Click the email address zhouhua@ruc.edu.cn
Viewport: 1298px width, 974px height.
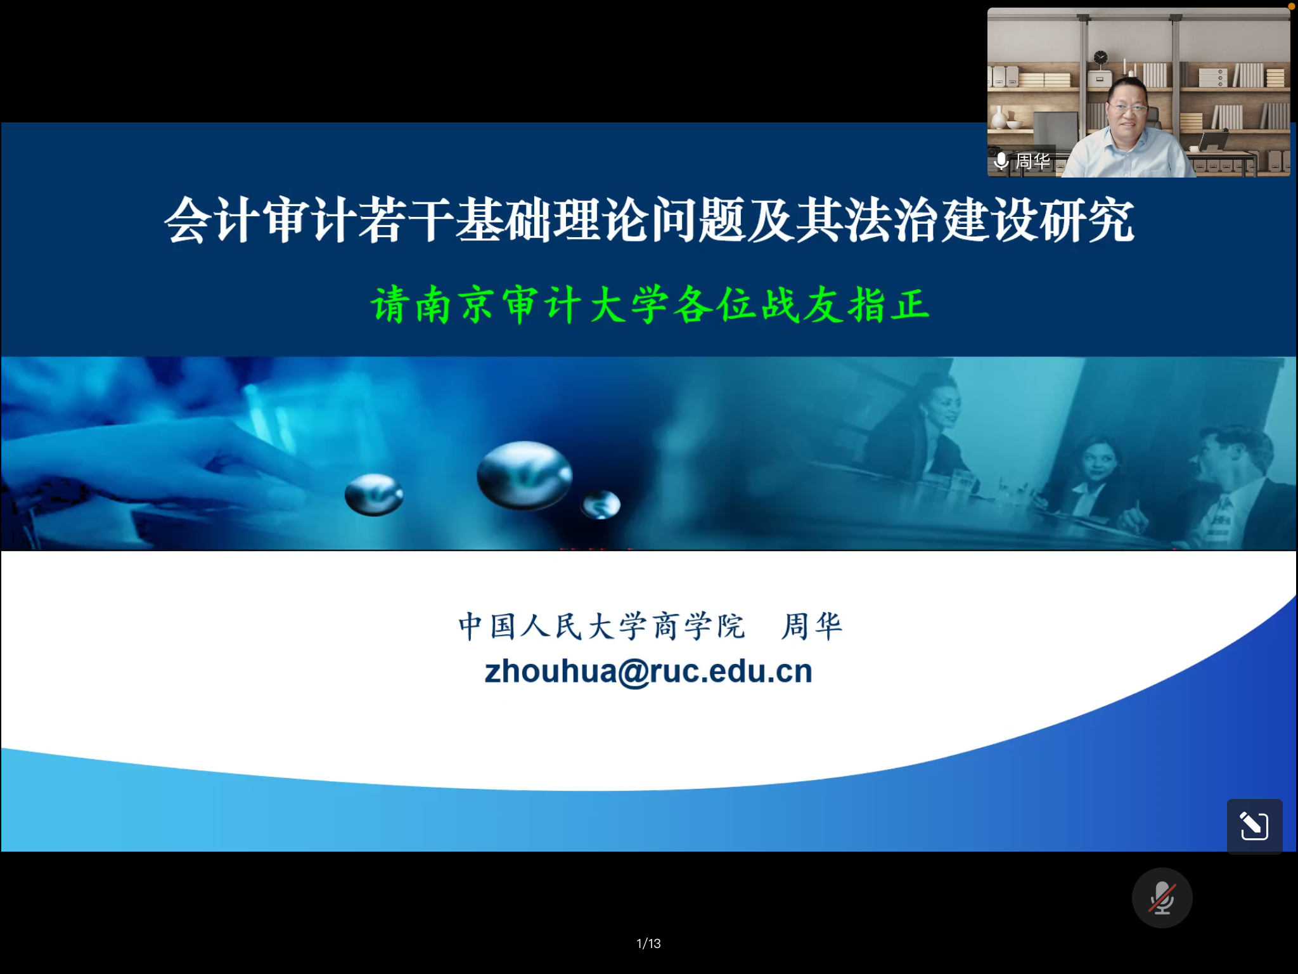tap(648, 672)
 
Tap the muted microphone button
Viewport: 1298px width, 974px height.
tap(1162, 898)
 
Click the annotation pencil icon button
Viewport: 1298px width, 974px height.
tap(1254, 826)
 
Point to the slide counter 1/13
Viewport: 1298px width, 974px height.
tap(648, 944)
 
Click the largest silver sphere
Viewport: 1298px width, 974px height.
tap(524, 476)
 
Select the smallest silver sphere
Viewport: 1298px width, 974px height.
tap(601, 505)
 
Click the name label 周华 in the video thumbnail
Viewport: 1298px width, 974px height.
tap(1033, 161)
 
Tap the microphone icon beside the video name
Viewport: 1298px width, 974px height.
tap(1001, 161)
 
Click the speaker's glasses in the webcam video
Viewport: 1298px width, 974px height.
tap(1128, 108)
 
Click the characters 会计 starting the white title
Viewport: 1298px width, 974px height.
tap(212, 220)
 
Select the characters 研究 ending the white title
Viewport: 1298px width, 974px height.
tap(1086, 220)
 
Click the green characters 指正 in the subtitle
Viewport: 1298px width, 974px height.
tap(889, 305)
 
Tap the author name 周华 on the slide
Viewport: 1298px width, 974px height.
tap(812, 627)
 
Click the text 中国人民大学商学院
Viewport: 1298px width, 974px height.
tap(601, 627)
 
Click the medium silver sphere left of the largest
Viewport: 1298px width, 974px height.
tap(374, 495)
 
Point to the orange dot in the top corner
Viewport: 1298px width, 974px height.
tap(1292, 6)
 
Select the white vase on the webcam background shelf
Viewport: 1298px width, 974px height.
tap(999, 118)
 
